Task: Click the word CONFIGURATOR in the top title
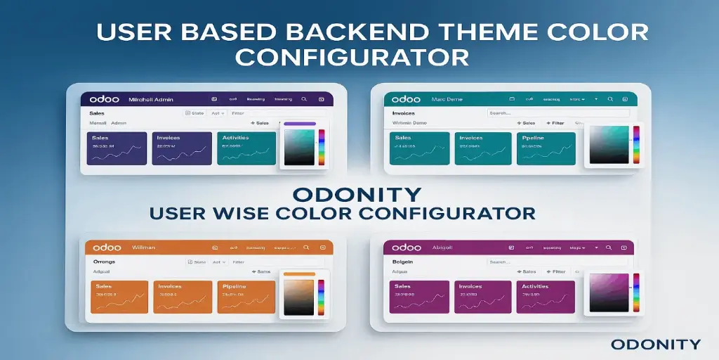pyautogui.click(x=352, y=56)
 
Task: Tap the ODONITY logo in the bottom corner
pyautogui.click(x=655, y=344)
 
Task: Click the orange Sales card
pyautogui.click(x=119, y=297)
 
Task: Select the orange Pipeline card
pyautogui.click(x=246, y=297)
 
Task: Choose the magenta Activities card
pyautogui.click(x=545, y=297)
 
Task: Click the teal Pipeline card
pyautogui.click(x=546, y=148)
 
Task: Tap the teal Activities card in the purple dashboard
pyautogui.click(x=246, y=148)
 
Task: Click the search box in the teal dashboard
pyautogui.click(x=558, y=112)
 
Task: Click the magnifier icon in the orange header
pyautogui.click(x=305, y=247)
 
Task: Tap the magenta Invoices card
pyautogui.click(x=483, y=297)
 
